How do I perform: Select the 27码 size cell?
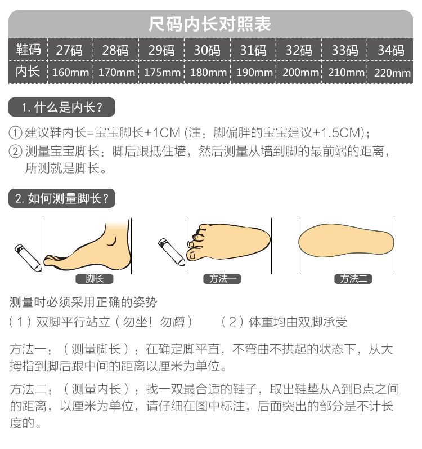pos(69,50)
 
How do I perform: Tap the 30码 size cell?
pos(207,50)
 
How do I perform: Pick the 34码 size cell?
pos(391,50)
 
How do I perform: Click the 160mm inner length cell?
pos(70,73)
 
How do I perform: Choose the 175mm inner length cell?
pos(162,73)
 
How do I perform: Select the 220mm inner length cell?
pos(392,73)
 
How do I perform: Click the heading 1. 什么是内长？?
pos(62,107)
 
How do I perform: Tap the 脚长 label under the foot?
pos(95,279)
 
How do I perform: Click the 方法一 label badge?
pos(223,279)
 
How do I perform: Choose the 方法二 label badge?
pos(353,279)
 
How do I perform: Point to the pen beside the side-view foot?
pos(28,257)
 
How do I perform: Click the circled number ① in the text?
pos(16,133)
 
